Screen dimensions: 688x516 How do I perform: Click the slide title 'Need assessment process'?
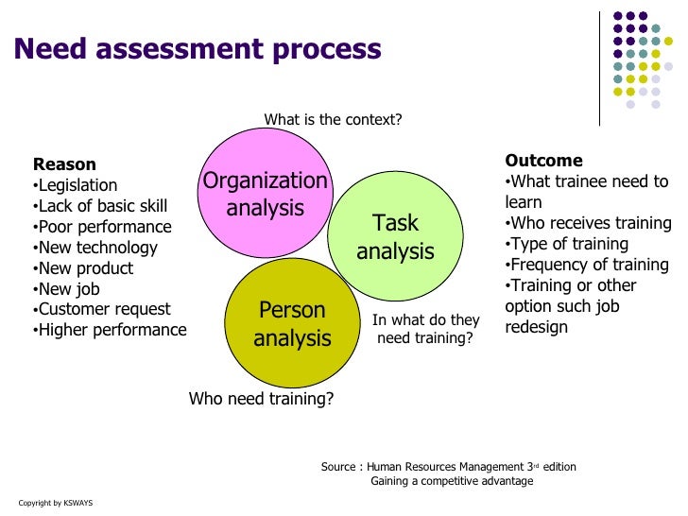coord(198,48)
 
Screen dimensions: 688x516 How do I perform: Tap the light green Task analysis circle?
coord(395,236)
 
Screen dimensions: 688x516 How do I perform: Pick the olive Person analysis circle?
coord(291,323)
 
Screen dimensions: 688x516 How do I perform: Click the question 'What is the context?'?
coord(333,120)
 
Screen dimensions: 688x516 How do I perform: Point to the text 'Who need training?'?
coord(262,399)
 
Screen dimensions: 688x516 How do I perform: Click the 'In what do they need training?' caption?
coord(425,329)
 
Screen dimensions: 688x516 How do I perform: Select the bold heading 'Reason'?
coord(64,164)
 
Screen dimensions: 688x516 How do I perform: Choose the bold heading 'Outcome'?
coord(543,161)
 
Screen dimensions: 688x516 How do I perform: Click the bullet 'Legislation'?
coord(77,185)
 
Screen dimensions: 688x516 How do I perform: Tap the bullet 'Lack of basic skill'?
coord(101,206)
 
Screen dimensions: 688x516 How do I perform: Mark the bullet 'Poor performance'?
coord(103,227)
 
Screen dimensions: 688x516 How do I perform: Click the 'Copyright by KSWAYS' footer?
coord(56,502)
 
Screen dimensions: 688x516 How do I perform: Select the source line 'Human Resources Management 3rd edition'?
coord(449,467)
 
